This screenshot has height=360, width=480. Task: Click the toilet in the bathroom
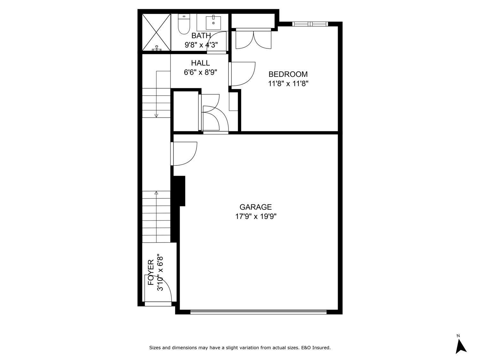184,25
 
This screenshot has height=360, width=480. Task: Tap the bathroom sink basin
213,22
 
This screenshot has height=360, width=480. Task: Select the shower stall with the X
156,32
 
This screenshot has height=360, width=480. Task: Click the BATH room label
201,36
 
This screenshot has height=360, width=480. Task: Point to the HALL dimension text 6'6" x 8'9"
200,72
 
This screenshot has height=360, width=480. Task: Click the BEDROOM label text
288,74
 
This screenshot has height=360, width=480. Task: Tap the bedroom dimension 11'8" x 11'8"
288,84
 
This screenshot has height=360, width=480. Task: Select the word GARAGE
256,207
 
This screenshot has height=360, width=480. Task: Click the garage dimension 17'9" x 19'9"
256,217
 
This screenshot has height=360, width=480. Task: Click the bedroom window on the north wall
310,24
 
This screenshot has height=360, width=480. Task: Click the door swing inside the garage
185,154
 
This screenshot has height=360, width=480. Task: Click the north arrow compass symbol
460,346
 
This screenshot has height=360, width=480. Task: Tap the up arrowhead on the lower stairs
156,193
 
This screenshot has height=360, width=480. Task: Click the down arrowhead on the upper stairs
156,115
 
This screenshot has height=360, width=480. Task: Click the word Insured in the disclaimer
321,348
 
